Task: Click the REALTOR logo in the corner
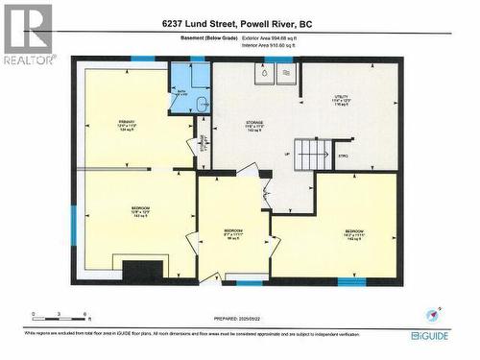point(27,34)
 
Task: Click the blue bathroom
point(190,88)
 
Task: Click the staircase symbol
point(311,154)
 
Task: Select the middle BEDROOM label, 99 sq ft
point(233,234)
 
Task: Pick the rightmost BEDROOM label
point(354,234)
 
